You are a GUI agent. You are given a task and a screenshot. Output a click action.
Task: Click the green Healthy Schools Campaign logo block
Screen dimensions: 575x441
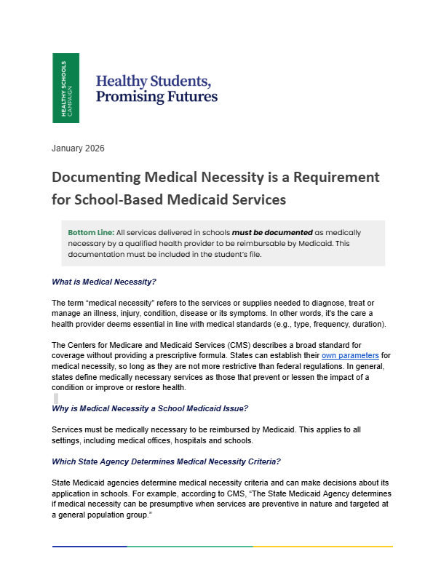tap(65, 87)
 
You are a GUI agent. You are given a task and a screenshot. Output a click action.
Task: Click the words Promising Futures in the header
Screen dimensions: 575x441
tap(156, 96)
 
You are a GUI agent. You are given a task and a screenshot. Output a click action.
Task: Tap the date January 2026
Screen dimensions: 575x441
tap(78, 148)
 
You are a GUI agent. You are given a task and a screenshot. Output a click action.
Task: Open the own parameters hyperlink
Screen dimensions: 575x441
tap(351, 355)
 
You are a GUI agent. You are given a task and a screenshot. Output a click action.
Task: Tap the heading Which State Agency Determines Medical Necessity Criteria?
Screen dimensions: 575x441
tap(167, 461)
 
